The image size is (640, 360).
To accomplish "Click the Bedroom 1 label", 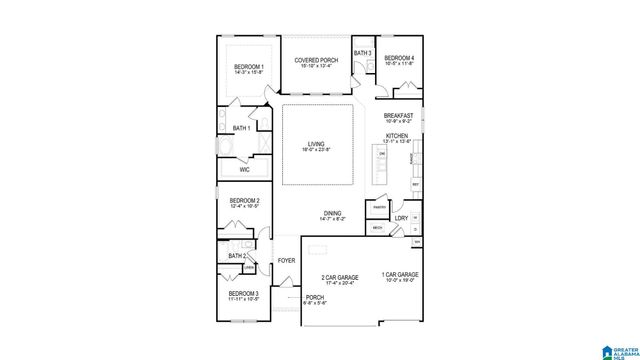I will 248,66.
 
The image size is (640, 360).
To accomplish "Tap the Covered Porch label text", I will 316,60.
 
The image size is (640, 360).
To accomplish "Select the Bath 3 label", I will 362,53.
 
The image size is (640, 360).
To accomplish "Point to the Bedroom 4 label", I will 399,58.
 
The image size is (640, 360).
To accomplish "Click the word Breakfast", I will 398,115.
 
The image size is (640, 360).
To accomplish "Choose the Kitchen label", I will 397,135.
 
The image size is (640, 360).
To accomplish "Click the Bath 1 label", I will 241,128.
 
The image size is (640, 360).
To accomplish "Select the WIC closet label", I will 244,169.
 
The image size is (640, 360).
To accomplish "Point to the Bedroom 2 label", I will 245,201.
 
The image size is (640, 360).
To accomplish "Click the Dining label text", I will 333,212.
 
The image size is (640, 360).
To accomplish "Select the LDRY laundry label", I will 400,217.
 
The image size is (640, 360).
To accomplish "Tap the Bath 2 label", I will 237,256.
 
